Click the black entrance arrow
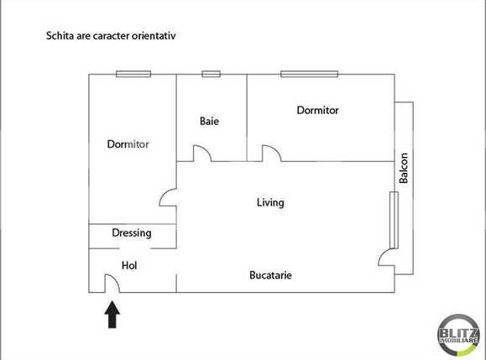point(112,316)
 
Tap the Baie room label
point(209,122)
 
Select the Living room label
point(270,202)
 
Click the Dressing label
point(131,233)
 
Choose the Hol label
point(129,265)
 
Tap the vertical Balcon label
point(404,168)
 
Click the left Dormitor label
point(128,144)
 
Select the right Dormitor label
point(318,110)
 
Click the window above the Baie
point(212,74)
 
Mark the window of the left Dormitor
point(133,74)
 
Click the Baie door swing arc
point(201,154)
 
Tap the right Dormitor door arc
point(271,154)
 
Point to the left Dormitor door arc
point(168,198)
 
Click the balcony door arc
point(387,256)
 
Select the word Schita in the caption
point(59,37)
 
